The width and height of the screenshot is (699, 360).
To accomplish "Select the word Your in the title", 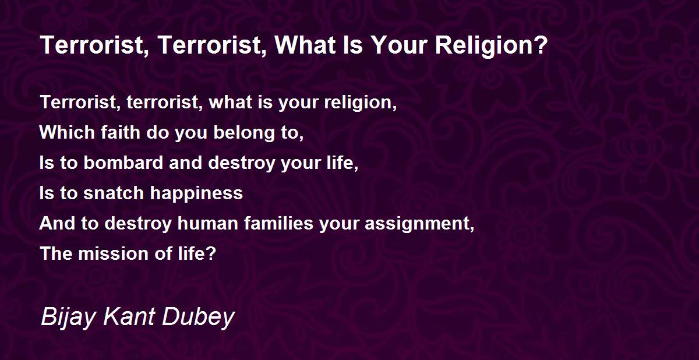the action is coord(400,45).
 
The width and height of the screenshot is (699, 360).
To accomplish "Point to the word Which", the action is coord(67,132).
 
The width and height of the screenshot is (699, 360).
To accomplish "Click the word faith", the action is coord(121,132).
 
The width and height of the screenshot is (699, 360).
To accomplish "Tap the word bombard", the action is coord(123,163).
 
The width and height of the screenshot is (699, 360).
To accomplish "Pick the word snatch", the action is coord(113,193).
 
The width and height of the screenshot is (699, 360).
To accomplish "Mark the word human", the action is coord(208,223).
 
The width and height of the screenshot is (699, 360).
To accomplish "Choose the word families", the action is coord(278,223).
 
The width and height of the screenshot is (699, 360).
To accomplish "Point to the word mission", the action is coord(113,253).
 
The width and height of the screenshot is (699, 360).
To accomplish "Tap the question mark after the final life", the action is coord(211,253).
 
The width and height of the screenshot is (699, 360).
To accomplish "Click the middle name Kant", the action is coord(129,316).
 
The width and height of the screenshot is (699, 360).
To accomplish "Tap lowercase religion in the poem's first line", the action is coord(358,103).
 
